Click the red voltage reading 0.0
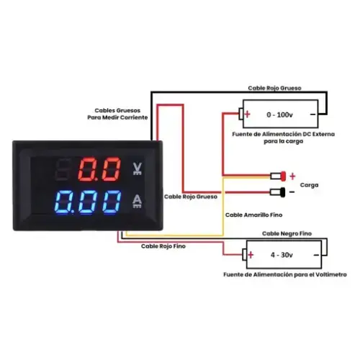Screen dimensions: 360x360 coord(99,169)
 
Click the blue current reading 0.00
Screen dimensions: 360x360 coord(88,202)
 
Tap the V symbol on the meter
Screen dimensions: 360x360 coord(138,168)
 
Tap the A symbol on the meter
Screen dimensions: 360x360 coord(137,201)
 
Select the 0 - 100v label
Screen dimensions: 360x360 coord(279,114)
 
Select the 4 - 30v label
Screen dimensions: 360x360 coord(282,255)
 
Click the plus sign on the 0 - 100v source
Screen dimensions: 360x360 coord(248,114)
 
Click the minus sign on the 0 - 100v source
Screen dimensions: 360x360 coord(312,114)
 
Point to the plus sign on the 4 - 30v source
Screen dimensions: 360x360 coord(251,255)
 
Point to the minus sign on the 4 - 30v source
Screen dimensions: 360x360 coord(316,255)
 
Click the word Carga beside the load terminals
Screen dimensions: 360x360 coord(309,185)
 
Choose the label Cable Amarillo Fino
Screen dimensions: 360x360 coord(253,215)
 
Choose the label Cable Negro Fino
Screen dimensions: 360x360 coord(287,233)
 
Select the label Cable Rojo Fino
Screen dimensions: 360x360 coord(163,246)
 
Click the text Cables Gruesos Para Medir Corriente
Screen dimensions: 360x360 coord(117,114)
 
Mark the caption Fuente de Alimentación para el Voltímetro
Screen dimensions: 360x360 coord(285,274)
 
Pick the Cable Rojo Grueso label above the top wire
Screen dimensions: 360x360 coord(274,88)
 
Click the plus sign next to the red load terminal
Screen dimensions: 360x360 coord(292,176)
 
